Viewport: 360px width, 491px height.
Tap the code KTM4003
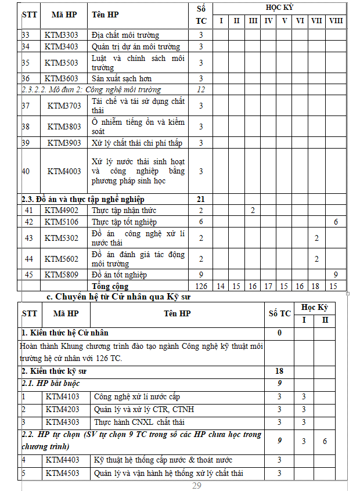click(x=64, y=171)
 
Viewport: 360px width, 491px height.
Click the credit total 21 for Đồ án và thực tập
click(x=201, y=199)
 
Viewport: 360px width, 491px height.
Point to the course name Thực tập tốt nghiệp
click(x=124, y=222)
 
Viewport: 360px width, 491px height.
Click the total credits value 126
click(x=201, y=286)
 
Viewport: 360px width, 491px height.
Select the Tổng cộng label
click(x=111, y=286)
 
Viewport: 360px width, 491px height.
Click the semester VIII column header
click(x=336, y=21)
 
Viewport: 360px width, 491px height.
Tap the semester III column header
click(x=253, y=21)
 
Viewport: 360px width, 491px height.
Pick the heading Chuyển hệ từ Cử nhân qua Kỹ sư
click(x=119, y=297)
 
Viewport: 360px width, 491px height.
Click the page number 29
click(x=196, y=486)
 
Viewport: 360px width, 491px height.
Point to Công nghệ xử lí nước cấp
click(x=137, y=396)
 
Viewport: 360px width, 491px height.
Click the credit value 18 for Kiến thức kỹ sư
click(x=279, y=371)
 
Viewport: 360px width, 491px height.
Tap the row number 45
click(x=28, y=275)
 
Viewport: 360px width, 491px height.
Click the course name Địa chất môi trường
click(x=125, y=35)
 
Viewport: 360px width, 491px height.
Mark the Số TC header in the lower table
click(x=279, y=313)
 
